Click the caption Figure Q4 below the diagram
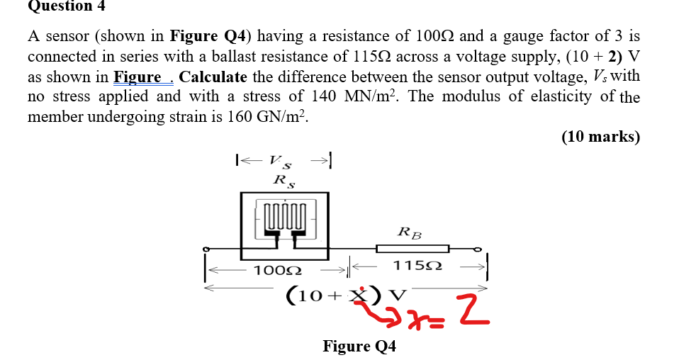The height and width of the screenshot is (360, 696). (x=359, y=346)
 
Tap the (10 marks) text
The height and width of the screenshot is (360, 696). (x=600, y=137)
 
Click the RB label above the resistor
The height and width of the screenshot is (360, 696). (x=409, y=231)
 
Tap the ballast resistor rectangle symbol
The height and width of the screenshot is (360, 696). (x=412, y=248)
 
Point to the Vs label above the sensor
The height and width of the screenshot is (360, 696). (x=283, y=162)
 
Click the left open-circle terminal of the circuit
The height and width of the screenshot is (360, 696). (x=206, y=249)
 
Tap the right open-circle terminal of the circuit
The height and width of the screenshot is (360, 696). (x=478, y=249)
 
